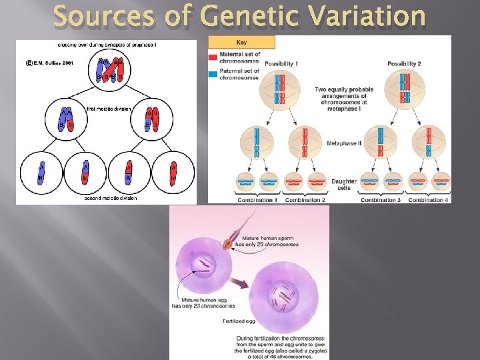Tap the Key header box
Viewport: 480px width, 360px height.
click(241, 42)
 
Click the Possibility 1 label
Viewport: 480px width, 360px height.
click(282, 63)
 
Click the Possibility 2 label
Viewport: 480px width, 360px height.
click(404, 63)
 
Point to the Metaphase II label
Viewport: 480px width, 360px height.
click(344, 143)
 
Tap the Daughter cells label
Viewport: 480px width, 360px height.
click(345, 184)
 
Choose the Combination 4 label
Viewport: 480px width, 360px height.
click(428, 199)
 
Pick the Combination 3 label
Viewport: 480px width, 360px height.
click(381, 199)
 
